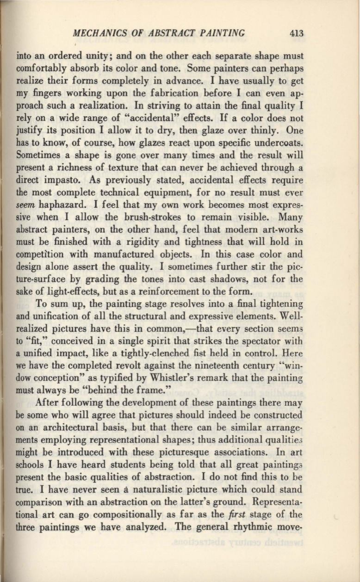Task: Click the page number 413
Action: tap(296, 33)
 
